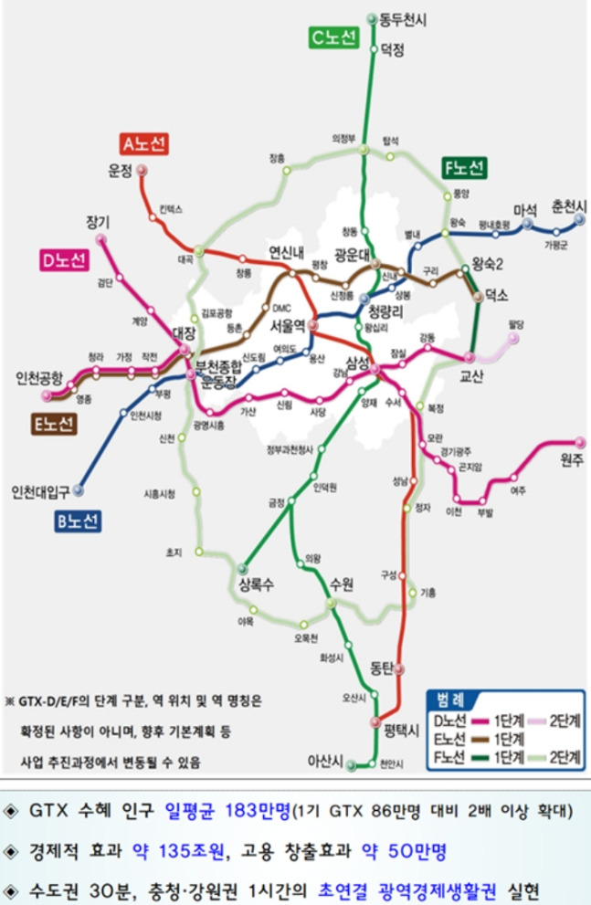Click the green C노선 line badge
(x=332, y=37)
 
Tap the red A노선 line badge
(x=144, y=143)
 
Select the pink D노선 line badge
(x=64, y=260)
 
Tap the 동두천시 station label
(x=402, y=17)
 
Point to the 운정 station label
(x=121, y=172)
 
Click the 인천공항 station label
(x=39, y=377)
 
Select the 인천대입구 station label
(x=42, y=492)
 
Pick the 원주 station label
(x=571, y=459)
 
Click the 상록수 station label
(x=257, y=584)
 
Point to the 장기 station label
(x=97, y=222)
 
